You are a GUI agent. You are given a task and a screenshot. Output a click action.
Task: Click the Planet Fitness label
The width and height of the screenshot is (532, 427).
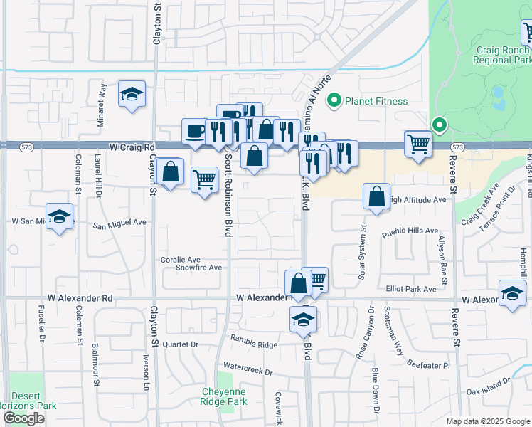(376, 102)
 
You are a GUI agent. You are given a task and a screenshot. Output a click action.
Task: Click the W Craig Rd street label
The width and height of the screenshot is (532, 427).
(132, 147)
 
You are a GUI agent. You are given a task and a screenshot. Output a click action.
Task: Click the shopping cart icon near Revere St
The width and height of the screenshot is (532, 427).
(417, 144)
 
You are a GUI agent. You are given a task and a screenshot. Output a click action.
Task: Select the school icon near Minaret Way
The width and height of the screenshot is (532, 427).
(132, 95)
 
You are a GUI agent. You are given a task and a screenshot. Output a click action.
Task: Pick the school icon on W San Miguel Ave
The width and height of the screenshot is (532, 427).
(60, 217)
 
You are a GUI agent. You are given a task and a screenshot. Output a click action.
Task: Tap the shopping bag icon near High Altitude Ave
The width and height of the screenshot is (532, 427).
(376, 196)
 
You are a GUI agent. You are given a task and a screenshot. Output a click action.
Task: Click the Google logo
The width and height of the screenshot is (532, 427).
(24, 418)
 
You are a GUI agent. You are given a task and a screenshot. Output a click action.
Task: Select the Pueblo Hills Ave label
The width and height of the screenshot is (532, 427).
(410, 231)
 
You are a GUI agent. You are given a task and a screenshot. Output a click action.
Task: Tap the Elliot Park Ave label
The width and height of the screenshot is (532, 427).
(410, 290)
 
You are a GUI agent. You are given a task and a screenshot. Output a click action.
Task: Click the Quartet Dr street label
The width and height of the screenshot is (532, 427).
(179, 343)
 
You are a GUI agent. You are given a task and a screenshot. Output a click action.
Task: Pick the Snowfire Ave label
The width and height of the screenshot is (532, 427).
(199, 268)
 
